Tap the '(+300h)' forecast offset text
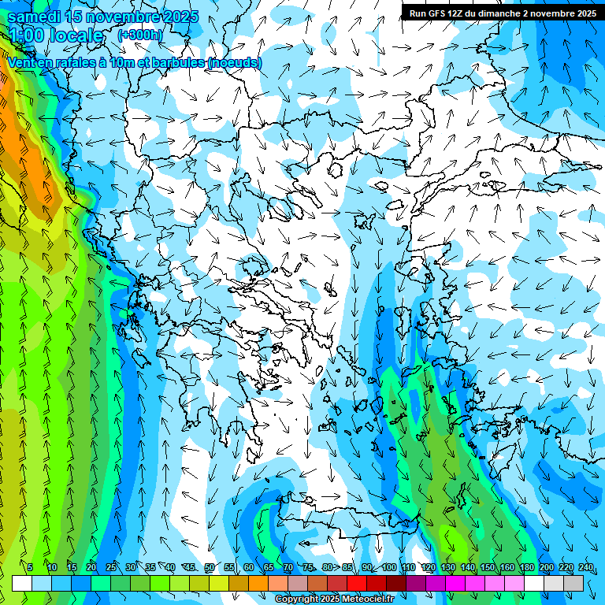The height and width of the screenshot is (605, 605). coord(141,35)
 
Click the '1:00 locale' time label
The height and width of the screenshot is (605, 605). coord(56,35)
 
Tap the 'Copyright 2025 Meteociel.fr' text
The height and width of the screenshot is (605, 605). coord(334,599)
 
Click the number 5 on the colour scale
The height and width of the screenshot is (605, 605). coord(30,568)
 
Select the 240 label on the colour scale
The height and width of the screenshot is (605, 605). coord(586,568)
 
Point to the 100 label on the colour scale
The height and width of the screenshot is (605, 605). coord(389,568)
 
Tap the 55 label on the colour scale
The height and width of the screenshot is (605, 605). coord(229,568)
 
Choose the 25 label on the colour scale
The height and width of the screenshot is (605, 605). coord(110,568)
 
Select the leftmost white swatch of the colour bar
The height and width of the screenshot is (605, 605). coord(22,583)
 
